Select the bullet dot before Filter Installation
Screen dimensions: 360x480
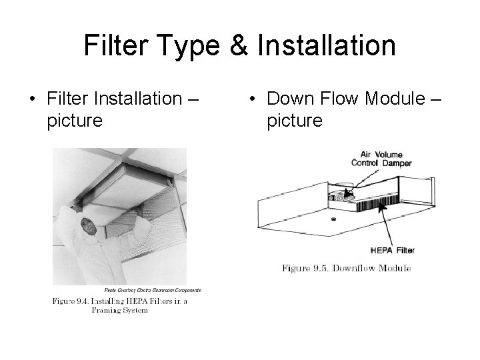point(33,101)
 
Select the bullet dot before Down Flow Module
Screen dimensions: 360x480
point(251,101)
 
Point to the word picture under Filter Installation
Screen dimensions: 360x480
point(75,121)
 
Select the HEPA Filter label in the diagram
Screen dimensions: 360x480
point(392,250)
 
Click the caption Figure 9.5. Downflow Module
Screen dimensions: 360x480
point(346,268)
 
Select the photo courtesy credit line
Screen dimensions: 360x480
point(151,290)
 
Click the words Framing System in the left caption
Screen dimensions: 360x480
point(119,311)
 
